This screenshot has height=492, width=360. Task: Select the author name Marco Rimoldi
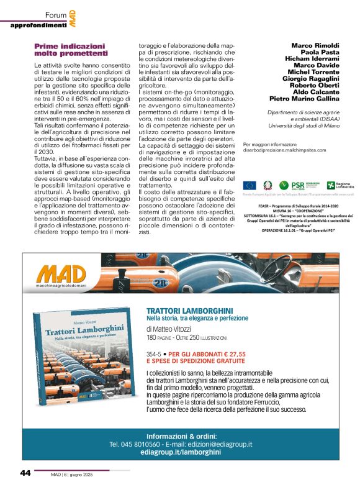pyautogui.click(x=315, y=45)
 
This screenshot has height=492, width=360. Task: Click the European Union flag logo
pyautogui.click(x=250, y=184)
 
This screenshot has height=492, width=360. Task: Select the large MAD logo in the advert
pyautogui.click(x=61, y=274)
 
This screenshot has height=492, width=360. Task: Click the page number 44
pyautogui.click(x=25, y=473)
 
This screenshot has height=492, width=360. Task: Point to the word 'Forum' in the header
pyautogui.click(x=55, y=14)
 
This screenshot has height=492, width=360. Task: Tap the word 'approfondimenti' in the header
pyautogui.click(x=38, y=25)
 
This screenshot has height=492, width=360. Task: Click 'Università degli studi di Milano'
pyautogui.click(x=304, y=125)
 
